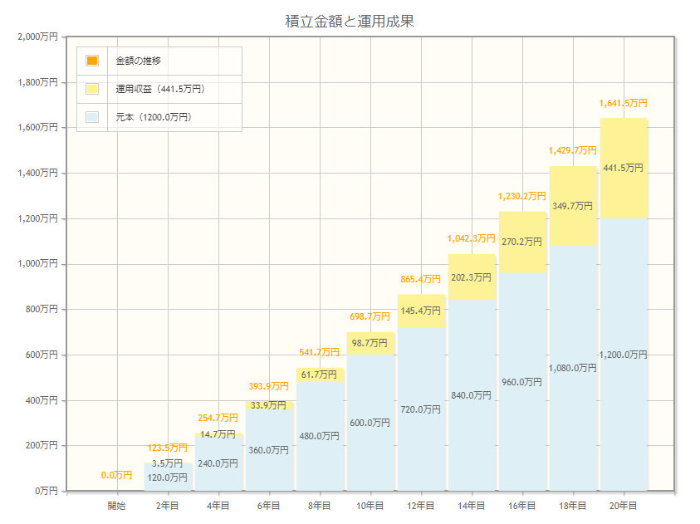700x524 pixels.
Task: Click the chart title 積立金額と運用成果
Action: tap(350, 22)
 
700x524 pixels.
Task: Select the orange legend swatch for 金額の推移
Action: tap(92, 61)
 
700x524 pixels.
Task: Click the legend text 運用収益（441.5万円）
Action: tap(160, 89)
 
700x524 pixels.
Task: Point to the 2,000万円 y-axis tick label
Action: tap(37, 37)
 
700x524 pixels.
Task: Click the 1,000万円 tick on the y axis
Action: tap(37, 264)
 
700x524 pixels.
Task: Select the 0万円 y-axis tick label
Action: tap(44, 491)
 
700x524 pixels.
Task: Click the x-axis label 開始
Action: tap(117, 506)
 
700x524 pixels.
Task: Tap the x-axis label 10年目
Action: tap(370, 506)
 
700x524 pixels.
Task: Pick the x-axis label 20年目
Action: tap(624, 506)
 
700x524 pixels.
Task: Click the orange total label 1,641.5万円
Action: tap(624, 104)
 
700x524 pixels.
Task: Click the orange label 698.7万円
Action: tap(370, 316)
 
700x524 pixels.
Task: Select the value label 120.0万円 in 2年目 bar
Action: tap(168, 477)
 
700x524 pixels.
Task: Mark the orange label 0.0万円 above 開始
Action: tap(117, 475)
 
